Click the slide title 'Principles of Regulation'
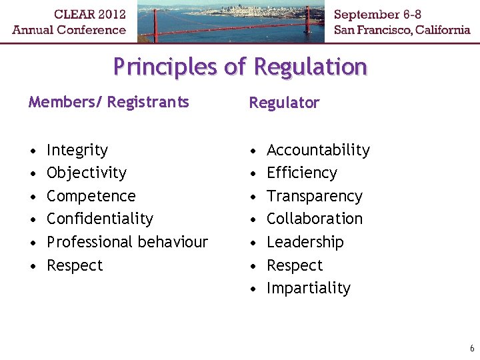click(x=240, y=67)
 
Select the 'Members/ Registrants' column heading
click(x=109, y=102)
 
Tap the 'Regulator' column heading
click(x=284, y=103)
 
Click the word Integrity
click(x=77, y=151)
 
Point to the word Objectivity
click(x=87, y=173)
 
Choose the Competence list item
click(x=91, y=197)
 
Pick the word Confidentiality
click(x=100, y=219)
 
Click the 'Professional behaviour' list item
click(x=127, y=242)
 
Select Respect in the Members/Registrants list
click(x=75, y=265)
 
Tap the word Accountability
click(x=318, y=151)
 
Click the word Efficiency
click(x=302, y=173)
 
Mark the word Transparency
click(x=315, y=197)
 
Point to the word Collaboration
click(x=315, y=219)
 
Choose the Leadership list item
click(x=305, y=242)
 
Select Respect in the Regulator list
click(x=295, y=265)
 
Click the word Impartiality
click(x=309, y=288)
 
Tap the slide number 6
click(x=472, y=349)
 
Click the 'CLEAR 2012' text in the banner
click(x=69, y=13)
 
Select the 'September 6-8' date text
click(x=377, y=14)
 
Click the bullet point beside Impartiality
click(x=253, y=289)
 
